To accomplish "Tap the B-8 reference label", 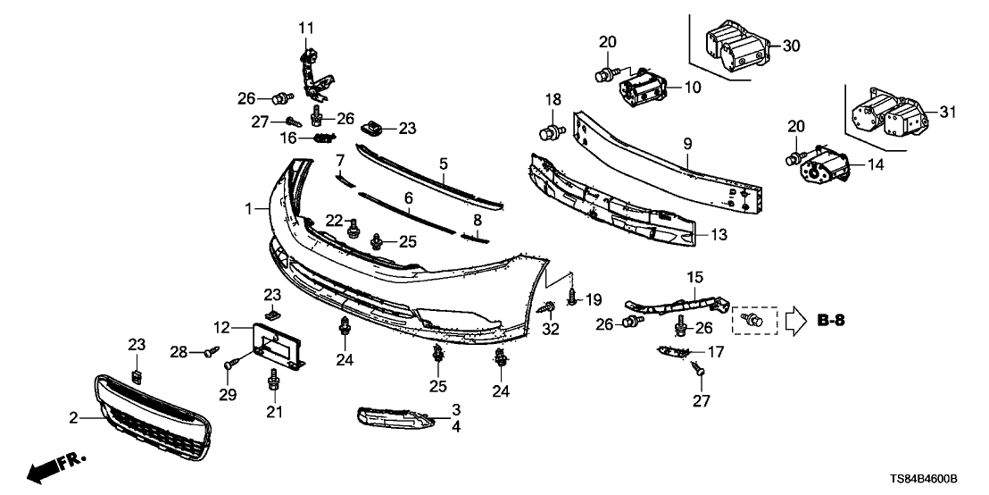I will (x=831, y=319).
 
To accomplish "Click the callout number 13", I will (x=719, y=236).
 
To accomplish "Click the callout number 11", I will (x=306, y=28).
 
